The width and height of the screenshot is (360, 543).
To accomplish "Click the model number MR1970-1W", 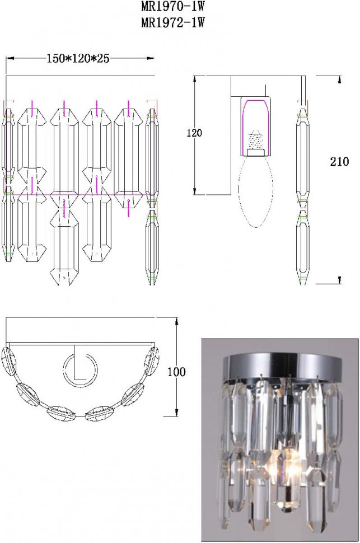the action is (x=173, y=6).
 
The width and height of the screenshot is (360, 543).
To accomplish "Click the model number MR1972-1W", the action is (x=173, y=22).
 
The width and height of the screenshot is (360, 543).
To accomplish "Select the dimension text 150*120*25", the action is (x=78, y=59).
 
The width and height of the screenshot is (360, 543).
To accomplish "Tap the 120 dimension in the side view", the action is (x=194, y=133).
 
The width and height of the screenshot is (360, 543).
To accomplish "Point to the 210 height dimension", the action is (x=339, y=161).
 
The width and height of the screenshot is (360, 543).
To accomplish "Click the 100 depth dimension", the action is (x=176, y=372).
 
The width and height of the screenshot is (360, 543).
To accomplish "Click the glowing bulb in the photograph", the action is (x=285, y=465).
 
